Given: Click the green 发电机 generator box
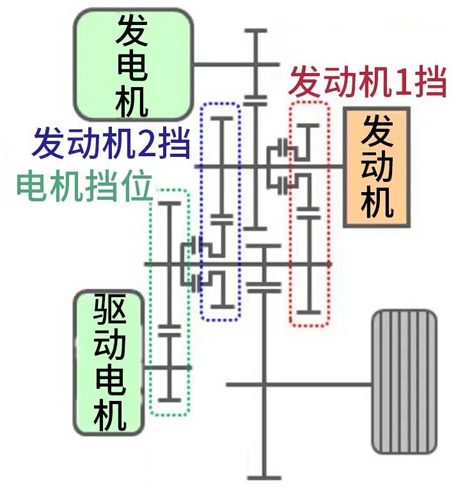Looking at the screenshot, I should tap(133, 64).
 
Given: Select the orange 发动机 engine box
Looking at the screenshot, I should tap(377, 167).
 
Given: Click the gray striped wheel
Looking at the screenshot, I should tap(404, 382).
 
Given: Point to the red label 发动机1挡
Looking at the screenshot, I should tap(366, 83).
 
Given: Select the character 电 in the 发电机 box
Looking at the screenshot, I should tap(133, 64).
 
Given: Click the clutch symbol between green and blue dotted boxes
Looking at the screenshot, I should tap(194, 264).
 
